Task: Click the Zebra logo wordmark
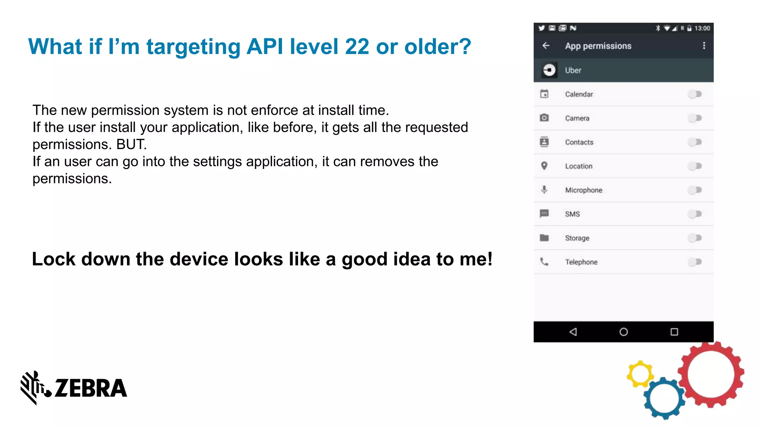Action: point(91,388)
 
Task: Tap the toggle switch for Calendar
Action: point(695,94)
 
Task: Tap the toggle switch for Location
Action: point(695,166)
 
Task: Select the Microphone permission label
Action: point(583,190)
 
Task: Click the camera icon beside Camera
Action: point(544,118)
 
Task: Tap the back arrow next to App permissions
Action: point(546,46)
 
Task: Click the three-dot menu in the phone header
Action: point(704,46)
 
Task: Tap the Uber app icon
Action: point(549,70)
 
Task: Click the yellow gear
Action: point(640,374)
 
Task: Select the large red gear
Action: point(711,374)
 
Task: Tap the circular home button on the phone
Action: point(623,332)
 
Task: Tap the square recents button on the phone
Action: point(674,332)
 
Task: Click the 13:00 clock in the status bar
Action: point(702,28)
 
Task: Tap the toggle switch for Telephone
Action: point(695,262)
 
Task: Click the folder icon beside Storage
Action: point(544,238)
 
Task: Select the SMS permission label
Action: point(572,214)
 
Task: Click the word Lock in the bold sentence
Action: point(53,259)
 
